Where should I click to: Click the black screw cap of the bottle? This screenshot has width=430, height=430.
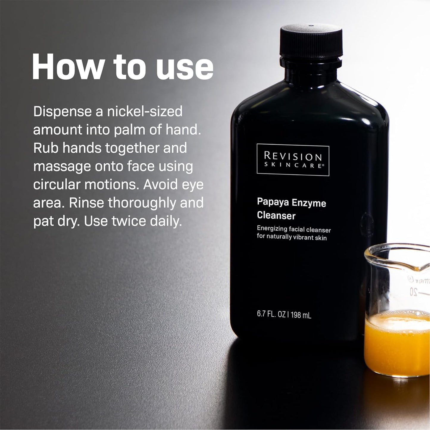point(311,42)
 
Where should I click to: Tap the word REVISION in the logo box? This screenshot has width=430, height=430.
point(293,156)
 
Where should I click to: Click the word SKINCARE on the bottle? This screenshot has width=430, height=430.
point(293,165)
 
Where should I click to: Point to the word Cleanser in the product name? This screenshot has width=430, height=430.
point(276,215)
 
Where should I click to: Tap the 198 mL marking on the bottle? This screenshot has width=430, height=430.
point(301,315)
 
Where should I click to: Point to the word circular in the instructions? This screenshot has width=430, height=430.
point(57,184)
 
